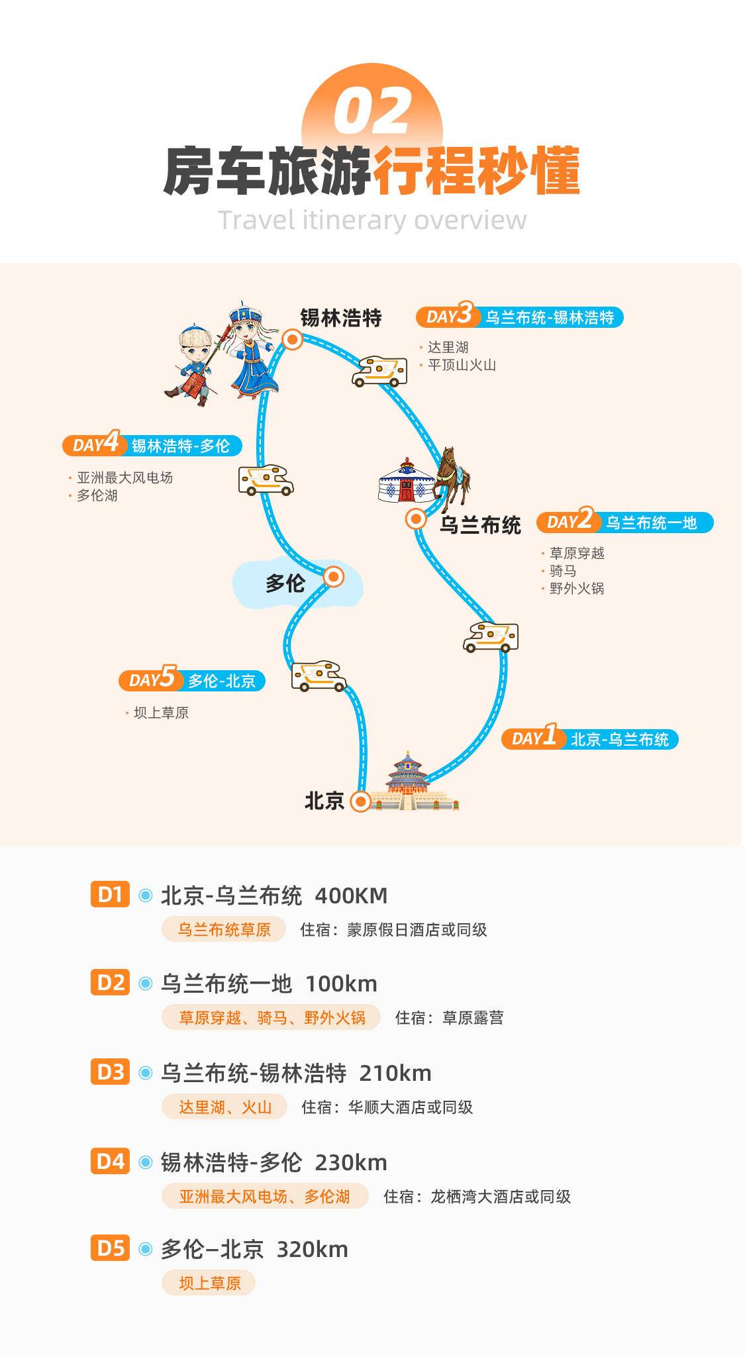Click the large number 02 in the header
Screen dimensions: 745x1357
[373, 112]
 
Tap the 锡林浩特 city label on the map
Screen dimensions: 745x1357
[341, 318]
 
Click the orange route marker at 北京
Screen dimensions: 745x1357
[360, 801]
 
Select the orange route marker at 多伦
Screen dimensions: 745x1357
[333, 577]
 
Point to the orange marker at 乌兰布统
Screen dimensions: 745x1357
[415, 519]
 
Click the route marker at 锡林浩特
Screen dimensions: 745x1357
[292, 340]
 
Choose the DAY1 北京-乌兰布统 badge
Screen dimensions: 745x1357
[590, 738]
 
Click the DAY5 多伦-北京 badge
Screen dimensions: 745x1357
[192, 680]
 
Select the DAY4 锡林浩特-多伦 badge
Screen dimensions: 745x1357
[152, 445]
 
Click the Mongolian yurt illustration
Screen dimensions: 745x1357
[405, 479]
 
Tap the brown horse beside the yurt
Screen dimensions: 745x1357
[454, 474]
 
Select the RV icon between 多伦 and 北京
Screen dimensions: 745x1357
[319, 676]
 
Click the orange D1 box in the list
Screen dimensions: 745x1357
[110, 895]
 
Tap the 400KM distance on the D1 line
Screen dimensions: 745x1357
[351, 895]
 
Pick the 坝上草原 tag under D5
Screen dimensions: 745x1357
[209, 1283]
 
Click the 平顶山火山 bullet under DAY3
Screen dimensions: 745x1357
[461, 365]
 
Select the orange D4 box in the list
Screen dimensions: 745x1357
[110, 1161]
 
